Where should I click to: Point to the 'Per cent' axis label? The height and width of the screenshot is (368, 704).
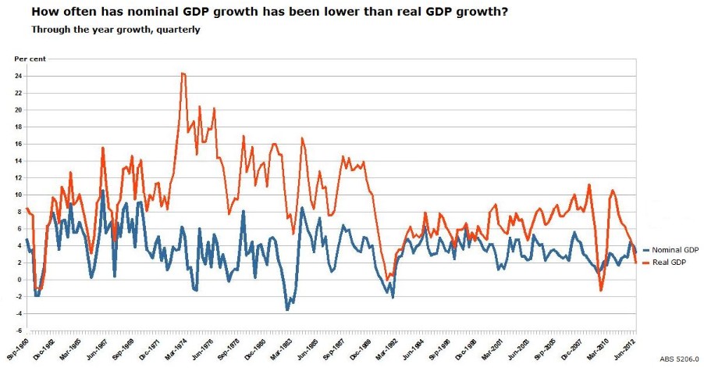[x=30, y=59]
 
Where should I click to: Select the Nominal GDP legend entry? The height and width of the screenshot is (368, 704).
[x=674, y=249]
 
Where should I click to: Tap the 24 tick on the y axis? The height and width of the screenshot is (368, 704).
[x=17, y=76]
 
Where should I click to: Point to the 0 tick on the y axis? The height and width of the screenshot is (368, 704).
[x=19, y=280]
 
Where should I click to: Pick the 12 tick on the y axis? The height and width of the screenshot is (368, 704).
[x=17, y=178]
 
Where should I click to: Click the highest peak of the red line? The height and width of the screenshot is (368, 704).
[x=182, y=73]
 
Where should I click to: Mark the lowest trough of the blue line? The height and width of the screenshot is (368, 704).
[x=287, y=310]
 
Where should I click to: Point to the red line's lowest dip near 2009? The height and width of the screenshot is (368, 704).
[x=601, y=291]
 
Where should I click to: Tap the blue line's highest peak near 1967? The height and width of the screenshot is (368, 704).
[x=102, y=190]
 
